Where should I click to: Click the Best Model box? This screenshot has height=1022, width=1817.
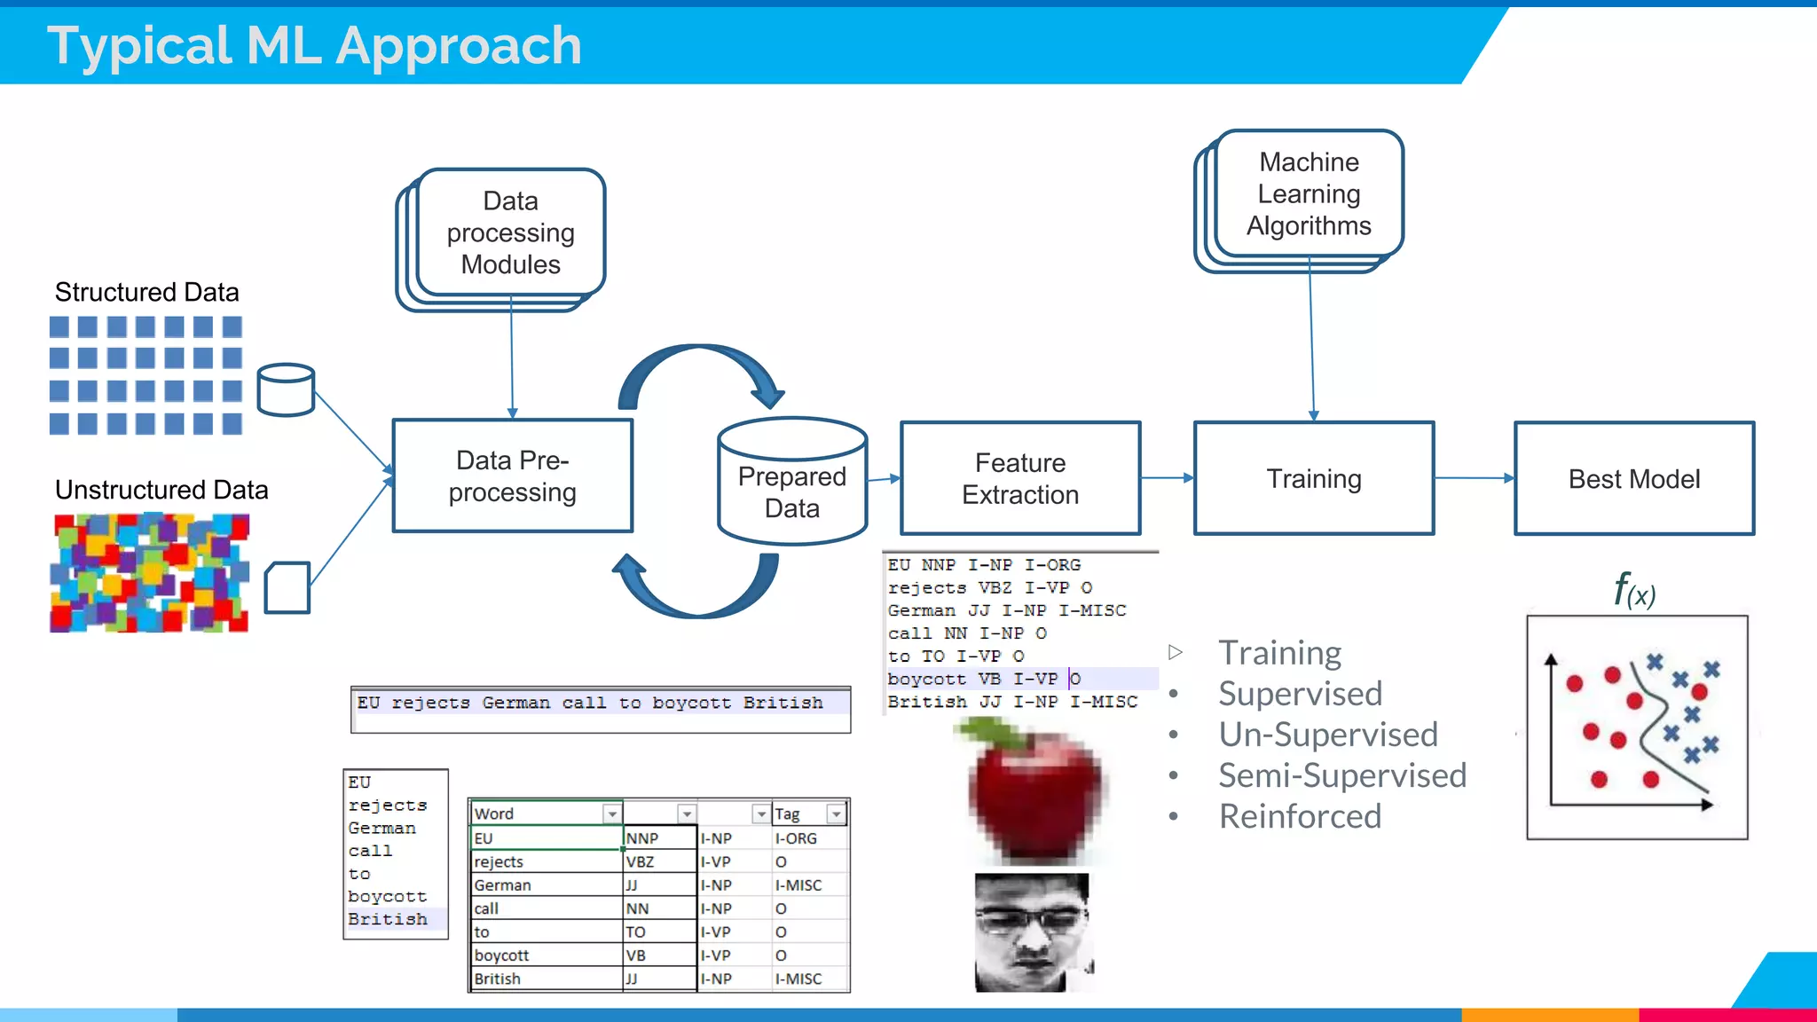[x=1633, y=478]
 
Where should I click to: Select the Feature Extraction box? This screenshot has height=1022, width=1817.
[x=1020, y=478]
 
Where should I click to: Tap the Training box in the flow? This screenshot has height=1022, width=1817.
[x=1313, y=478]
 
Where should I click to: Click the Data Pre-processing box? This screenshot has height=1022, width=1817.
[x=512, y=476]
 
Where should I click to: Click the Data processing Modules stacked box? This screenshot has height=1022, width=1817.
[x=510, y=232]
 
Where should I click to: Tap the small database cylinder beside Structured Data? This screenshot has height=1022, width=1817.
[x=286, y=390]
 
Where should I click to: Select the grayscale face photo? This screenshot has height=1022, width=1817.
[x=1032, y=932]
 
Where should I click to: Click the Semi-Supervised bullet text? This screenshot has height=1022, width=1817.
[x=1341, y=775]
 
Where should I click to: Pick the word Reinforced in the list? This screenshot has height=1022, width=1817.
[x=1300, y=816]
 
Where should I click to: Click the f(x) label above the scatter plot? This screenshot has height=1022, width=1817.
[x=1633, y=590]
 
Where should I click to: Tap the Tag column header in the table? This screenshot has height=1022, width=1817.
[x=788, y=814]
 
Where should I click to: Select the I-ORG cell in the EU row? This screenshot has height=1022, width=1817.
[x=796, y=838]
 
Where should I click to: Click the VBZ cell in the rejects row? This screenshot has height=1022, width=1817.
[x=641, y=861]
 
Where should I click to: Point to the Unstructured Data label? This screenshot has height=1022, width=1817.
[x=161, y=490]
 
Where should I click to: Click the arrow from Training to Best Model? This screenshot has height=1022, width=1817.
[x=1474, y=478]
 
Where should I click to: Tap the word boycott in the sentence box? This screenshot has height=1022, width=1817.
[x=691, y=703]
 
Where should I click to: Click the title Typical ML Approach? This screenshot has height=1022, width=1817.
[x=314, y=45]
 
